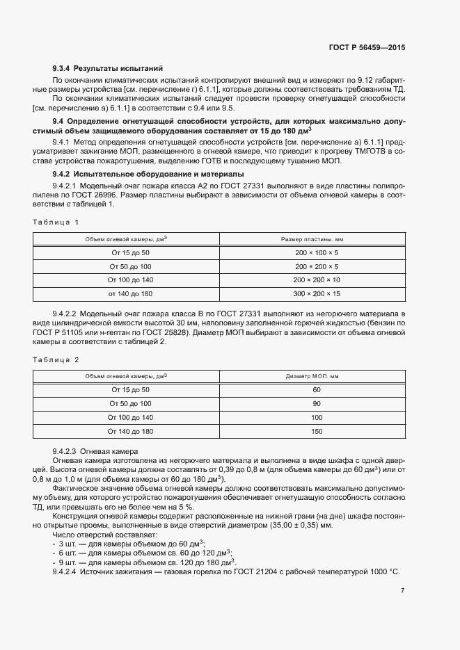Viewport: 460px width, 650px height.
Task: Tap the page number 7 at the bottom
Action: tap(402, 590)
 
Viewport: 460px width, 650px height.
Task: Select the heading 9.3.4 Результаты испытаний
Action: tap(108, 69)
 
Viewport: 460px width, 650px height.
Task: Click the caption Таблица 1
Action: tap(56, 222)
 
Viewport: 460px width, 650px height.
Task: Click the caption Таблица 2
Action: tap(56, 359)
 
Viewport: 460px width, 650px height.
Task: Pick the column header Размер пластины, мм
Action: tap(317, 239)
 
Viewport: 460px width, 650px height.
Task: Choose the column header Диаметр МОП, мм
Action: tap(317, 377)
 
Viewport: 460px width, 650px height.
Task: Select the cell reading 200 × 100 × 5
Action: tap(317, 253)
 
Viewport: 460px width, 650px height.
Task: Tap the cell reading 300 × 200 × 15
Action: tap(317, 294)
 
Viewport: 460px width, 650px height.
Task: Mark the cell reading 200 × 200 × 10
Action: tap(317, 280)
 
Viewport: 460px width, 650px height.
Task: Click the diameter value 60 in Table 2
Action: tap(317, 390)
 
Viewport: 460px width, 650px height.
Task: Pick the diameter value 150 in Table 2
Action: tap(317, 432)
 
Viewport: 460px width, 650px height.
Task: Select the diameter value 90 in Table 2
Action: tap(317, 404)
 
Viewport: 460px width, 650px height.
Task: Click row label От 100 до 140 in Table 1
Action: tap(130, 280)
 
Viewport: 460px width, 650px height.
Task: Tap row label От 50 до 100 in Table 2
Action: tap(130, 404)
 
